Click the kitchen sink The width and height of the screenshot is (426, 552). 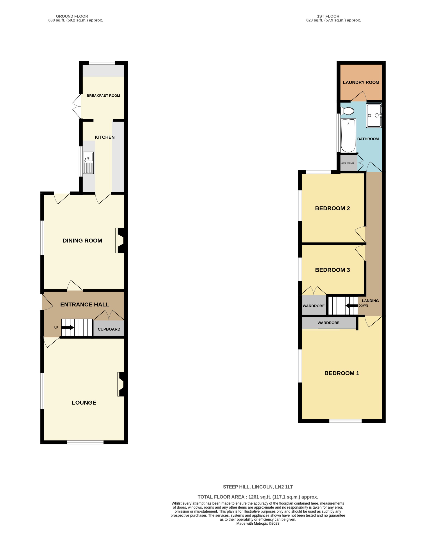coord(88,163)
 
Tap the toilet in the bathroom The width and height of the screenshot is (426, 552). coord(347,111)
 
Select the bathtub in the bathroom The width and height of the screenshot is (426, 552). coord(348,136)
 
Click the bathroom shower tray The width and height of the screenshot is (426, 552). coord(374,115)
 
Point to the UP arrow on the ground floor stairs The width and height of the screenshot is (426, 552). coord(68,327)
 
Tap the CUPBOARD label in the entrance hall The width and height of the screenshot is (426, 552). coord(109,329)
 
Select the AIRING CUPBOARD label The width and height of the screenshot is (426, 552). coord(348,163)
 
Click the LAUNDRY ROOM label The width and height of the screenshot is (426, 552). coord(361,82)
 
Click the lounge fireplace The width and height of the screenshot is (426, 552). coord(121,384)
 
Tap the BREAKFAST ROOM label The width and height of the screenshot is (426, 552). coord(103,96)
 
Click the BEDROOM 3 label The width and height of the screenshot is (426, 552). coord(332,270)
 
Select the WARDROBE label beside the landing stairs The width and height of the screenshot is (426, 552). coord(314,306)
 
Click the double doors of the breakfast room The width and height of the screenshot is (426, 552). coord(77,106)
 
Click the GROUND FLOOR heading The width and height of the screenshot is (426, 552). coord(72,16)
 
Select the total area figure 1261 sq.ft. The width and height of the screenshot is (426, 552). coord(253,497)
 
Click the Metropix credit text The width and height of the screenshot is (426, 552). coord(258,524)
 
